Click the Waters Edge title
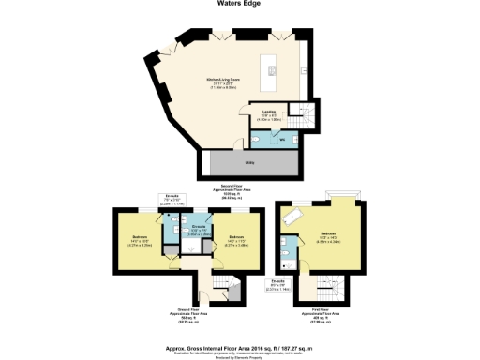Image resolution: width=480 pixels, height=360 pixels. [240, 4]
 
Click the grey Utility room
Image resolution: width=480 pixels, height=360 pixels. [249, 162]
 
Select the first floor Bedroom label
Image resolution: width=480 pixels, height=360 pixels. [329, 235]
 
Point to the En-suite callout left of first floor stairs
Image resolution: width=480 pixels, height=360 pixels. [278, 287]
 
